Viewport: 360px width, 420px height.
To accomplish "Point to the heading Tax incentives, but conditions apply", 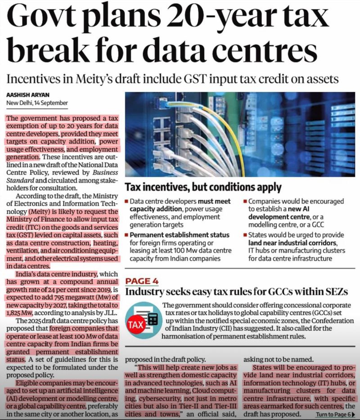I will coord(203,187).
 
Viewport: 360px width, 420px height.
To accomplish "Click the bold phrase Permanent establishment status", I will coord(180,235).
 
